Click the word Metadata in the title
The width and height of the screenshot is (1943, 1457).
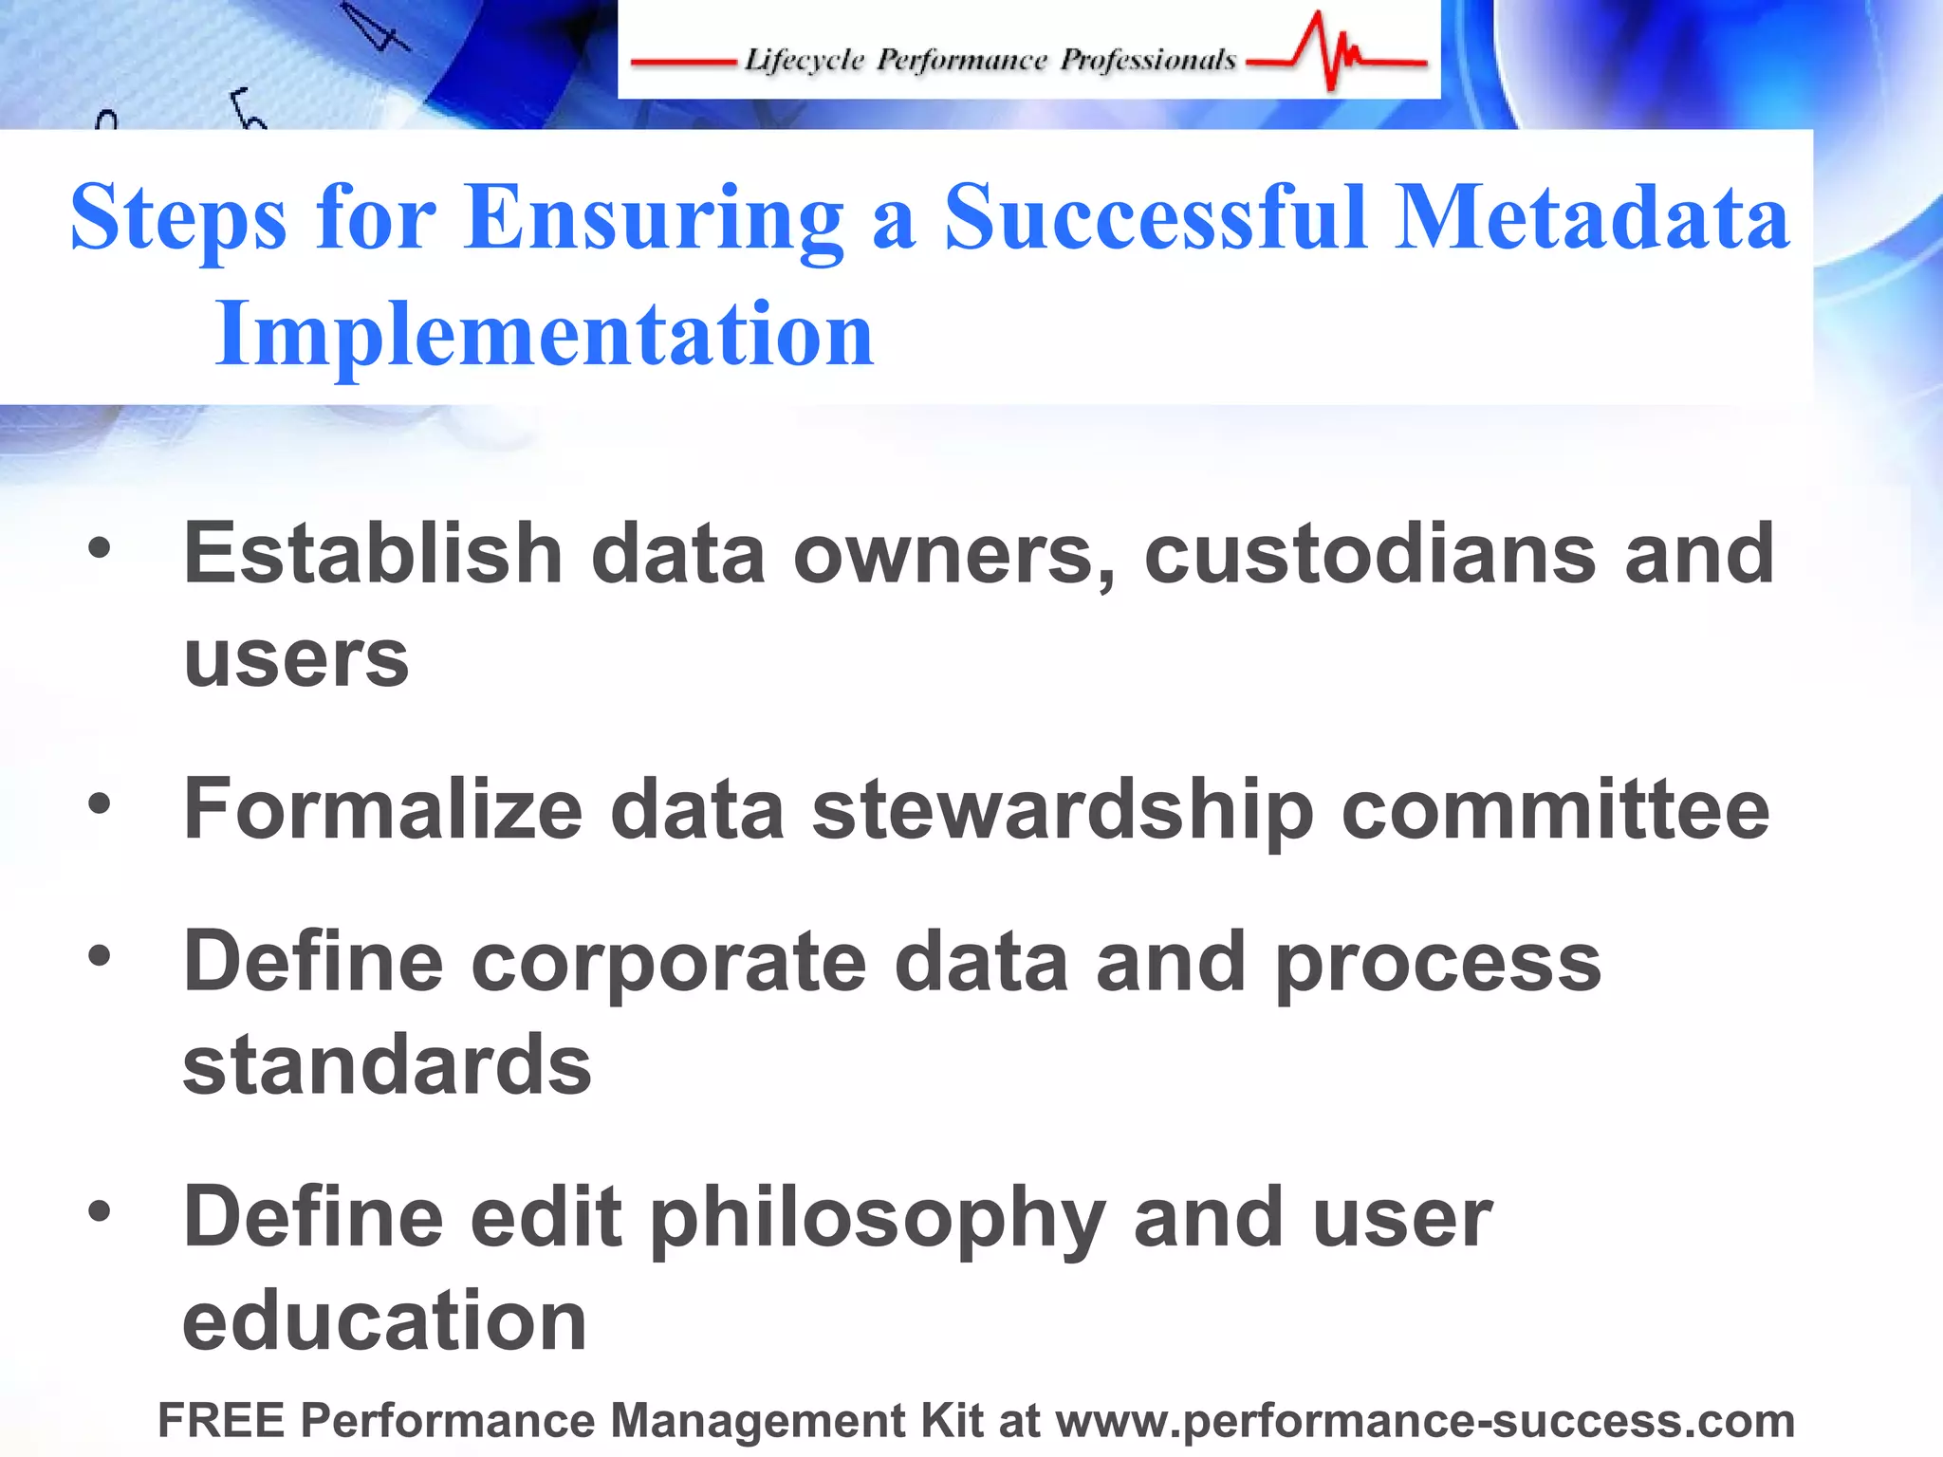[x=1591, y=218]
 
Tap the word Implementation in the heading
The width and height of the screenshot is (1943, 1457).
[x=544, y=334]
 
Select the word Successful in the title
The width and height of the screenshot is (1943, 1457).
[x=1156, y=218]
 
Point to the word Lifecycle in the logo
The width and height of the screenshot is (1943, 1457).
[x=804, y=60]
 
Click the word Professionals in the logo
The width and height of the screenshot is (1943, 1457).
[x=1148, y=60]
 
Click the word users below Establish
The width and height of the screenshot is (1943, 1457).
[x=296, y=658]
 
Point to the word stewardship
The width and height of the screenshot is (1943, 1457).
[x=1063, y=810]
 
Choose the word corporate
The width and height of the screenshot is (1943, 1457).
[x=669, y=964]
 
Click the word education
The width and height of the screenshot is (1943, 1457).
[x=384, y=1321]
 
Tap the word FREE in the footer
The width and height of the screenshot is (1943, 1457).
[x=221, y=1421]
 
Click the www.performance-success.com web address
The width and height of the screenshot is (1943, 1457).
[x=1425, y=1421]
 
